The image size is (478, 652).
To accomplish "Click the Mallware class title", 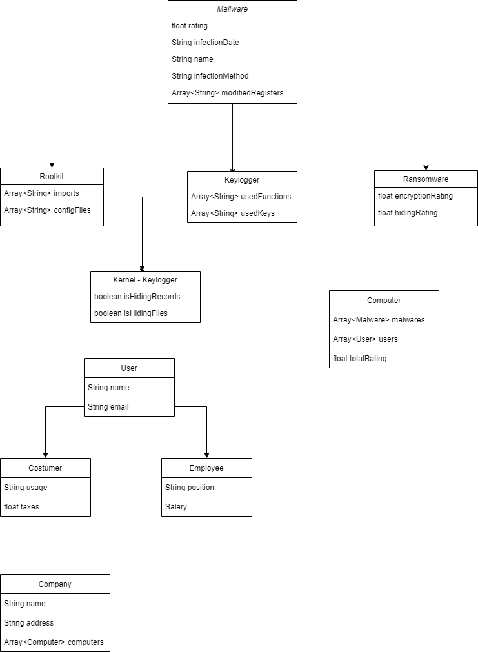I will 232,9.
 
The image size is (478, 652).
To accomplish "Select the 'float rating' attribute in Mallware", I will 190,26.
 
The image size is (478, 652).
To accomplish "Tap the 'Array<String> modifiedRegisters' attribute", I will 227,93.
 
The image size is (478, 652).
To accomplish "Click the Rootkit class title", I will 52,177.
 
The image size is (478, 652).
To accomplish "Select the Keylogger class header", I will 242,180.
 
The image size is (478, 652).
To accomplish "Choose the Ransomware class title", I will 426,179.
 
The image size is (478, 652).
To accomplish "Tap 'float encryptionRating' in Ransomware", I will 415,196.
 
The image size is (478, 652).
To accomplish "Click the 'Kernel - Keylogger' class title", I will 145,280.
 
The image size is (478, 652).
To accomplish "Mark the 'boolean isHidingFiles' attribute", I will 131,313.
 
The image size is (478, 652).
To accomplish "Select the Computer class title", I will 384,301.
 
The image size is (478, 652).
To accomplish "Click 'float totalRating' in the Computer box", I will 360,359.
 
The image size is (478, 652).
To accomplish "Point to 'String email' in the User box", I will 108,407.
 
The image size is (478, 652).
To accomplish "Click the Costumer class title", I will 45,468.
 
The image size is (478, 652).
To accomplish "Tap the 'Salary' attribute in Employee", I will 176,507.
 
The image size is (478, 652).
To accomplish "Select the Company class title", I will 55,584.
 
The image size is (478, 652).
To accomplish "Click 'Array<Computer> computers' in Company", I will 54,642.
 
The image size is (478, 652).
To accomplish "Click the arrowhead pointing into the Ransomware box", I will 426,166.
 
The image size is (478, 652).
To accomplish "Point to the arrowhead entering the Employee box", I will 206,454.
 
